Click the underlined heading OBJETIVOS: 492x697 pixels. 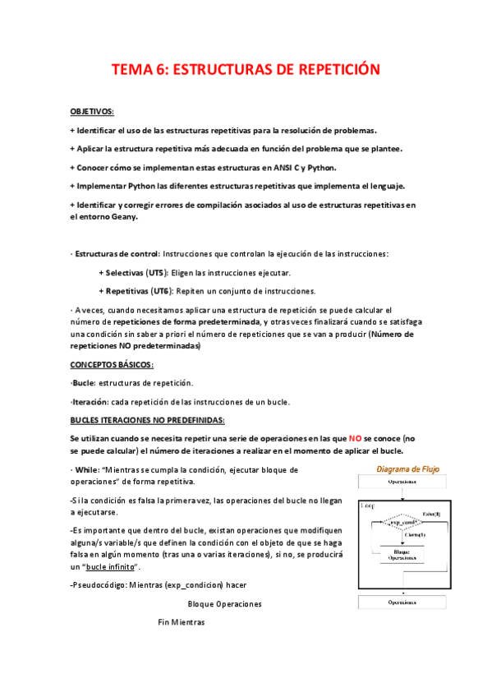click(93, 110)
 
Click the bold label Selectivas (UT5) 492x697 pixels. click(136, 272)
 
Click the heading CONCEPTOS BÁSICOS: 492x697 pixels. click(112, 365)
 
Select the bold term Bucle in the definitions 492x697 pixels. click(84, 383)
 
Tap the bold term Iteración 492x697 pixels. click(90, 401)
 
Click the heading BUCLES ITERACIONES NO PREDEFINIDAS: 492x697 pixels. click(141, 420)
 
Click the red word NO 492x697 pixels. click(355, 439)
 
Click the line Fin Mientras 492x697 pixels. click(182, 621)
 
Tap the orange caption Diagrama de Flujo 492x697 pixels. click(407, 469)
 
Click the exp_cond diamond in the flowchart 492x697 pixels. click(402, 523)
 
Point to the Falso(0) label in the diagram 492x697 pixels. click(432, 514)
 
